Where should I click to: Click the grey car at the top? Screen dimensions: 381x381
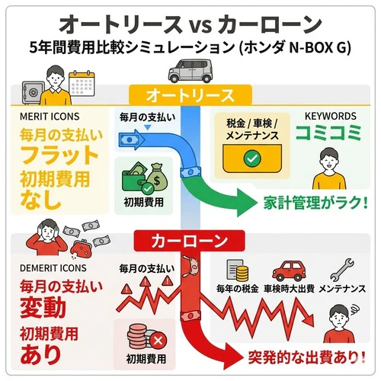pos(189,75)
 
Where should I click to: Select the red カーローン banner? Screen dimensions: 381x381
pos(190,242)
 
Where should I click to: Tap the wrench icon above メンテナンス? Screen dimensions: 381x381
pos(342,269)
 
